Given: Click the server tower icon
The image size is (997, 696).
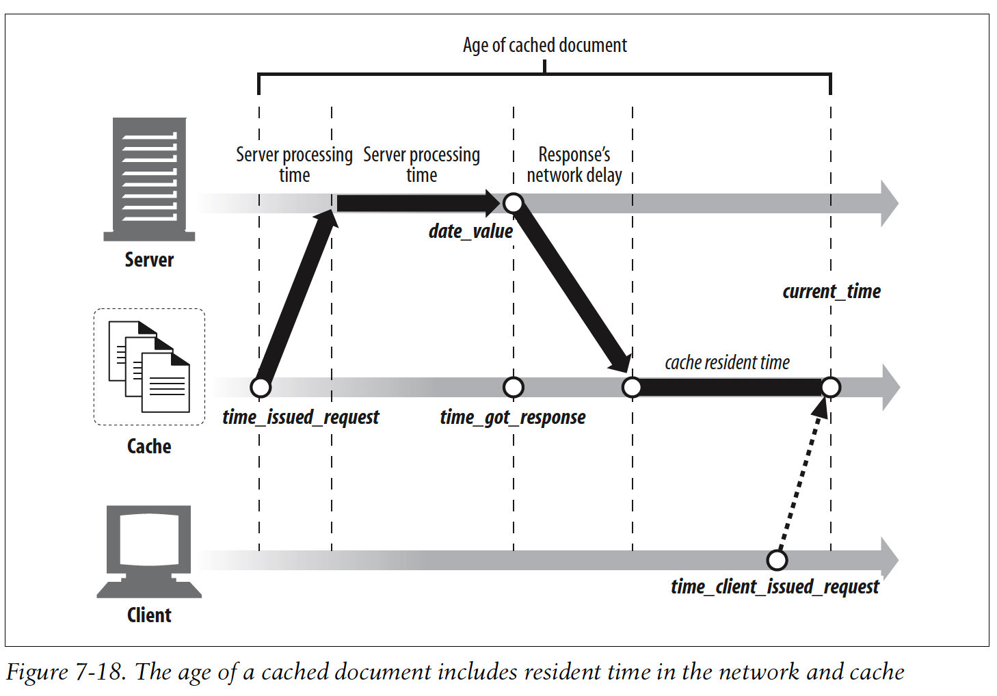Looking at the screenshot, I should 149,178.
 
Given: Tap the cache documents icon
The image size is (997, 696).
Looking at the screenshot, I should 149,367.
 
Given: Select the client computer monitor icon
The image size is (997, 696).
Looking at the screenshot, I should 149,550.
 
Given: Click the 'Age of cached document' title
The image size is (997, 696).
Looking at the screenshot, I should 544,45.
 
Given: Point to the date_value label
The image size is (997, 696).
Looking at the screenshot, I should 470,231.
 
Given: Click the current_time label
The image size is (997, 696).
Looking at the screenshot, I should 831,291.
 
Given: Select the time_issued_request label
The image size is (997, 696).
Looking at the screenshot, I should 300,417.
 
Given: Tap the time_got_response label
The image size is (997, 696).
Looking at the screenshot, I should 513,417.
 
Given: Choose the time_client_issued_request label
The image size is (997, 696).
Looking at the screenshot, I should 774,587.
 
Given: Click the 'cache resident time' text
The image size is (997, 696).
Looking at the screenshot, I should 727,362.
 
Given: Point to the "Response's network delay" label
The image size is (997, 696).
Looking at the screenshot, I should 574,165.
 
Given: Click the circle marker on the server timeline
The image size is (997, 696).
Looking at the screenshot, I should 513,203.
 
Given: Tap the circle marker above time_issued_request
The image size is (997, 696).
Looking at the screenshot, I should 261,387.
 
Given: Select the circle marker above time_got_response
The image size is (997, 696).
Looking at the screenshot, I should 513,387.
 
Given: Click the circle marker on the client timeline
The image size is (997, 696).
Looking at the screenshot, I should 777,560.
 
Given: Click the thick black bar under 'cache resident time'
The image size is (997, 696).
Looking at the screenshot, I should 730,388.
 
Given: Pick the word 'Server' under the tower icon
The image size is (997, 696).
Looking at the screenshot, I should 149,260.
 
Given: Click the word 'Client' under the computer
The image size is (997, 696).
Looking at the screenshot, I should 149,615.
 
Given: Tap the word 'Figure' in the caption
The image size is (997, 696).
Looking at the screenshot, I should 37,673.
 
